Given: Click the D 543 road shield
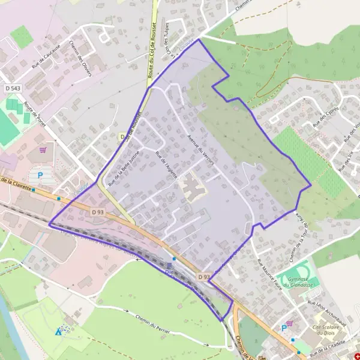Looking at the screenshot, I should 11,89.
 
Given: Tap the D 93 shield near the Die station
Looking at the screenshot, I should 203,277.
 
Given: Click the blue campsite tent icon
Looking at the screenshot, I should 58,331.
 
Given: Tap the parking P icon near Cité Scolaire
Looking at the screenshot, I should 284,328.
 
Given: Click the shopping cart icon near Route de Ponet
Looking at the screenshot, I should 43,150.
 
